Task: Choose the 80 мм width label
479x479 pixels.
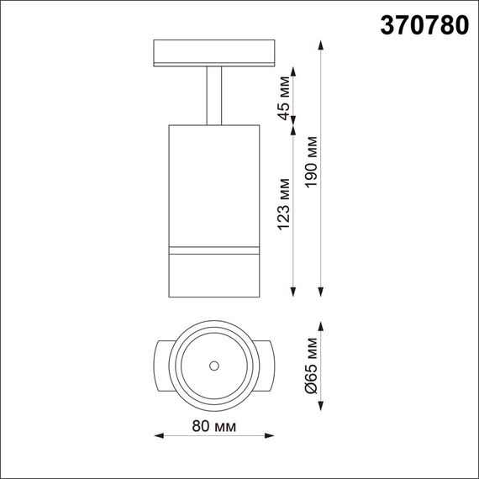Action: click(213, 427)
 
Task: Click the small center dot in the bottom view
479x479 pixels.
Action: click(214, 366)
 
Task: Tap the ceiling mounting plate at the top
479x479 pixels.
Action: click(214, 52)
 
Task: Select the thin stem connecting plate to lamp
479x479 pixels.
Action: click(214, 96)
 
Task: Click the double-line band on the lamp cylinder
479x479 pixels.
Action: click(214, 250)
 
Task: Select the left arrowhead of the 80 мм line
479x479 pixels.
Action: click(161, 435)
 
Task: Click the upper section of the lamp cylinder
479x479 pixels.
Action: click(214, 185)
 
